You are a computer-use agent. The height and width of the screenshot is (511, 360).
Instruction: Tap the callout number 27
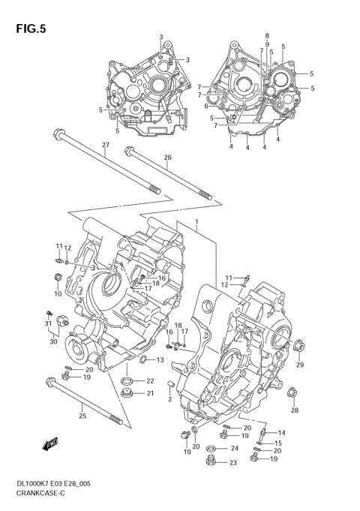pos(106,145)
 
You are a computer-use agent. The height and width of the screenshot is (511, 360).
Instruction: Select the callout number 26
pos(167,158)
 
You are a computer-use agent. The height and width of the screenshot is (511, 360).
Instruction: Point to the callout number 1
pos(196,223)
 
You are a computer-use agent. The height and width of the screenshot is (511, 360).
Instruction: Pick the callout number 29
pos(300,365)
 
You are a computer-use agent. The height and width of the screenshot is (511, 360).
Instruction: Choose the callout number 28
pos(295,410)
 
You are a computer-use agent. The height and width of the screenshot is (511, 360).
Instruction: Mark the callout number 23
pos(232,463)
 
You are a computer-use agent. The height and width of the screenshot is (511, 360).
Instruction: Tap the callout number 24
pos(235,449)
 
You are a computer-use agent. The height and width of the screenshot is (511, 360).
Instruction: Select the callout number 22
pos(150,380)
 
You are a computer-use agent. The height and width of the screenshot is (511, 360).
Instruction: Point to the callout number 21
pos(150,393)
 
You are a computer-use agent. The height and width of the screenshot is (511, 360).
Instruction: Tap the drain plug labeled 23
pos(212,463)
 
